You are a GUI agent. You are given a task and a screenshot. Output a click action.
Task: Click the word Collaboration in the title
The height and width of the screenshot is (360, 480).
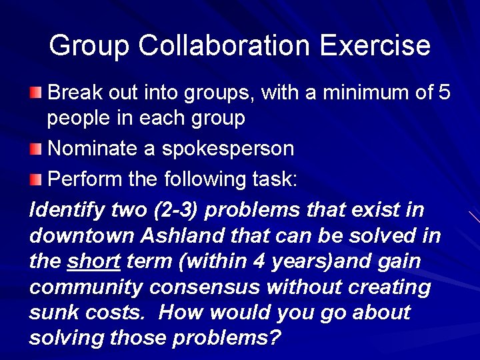coord(224,46)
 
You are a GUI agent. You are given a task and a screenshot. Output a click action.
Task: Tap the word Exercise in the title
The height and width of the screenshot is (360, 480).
coord(375,46)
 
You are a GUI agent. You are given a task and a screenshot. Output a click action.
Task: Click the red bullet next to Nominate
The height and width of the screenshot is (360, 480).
coord(36,149)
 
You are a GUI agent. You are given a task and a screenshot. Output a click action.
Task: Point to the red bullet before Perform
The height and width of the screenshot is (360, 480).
coord(36,179)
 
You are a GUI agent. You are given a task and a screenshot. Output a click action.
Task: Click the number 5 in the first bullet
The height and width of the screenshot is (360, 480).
coord(445,93)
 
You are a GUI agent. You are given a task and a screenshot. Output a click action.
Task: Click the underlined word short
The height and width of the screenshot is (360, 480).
coord(93,261)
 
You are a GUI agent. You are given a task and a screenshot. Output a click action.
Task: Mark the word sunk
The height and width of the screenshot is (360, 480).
coord(53,313)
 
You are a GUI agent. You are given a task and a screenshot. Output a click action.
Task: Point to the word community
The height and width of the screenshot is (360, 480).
coord(86,287)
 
